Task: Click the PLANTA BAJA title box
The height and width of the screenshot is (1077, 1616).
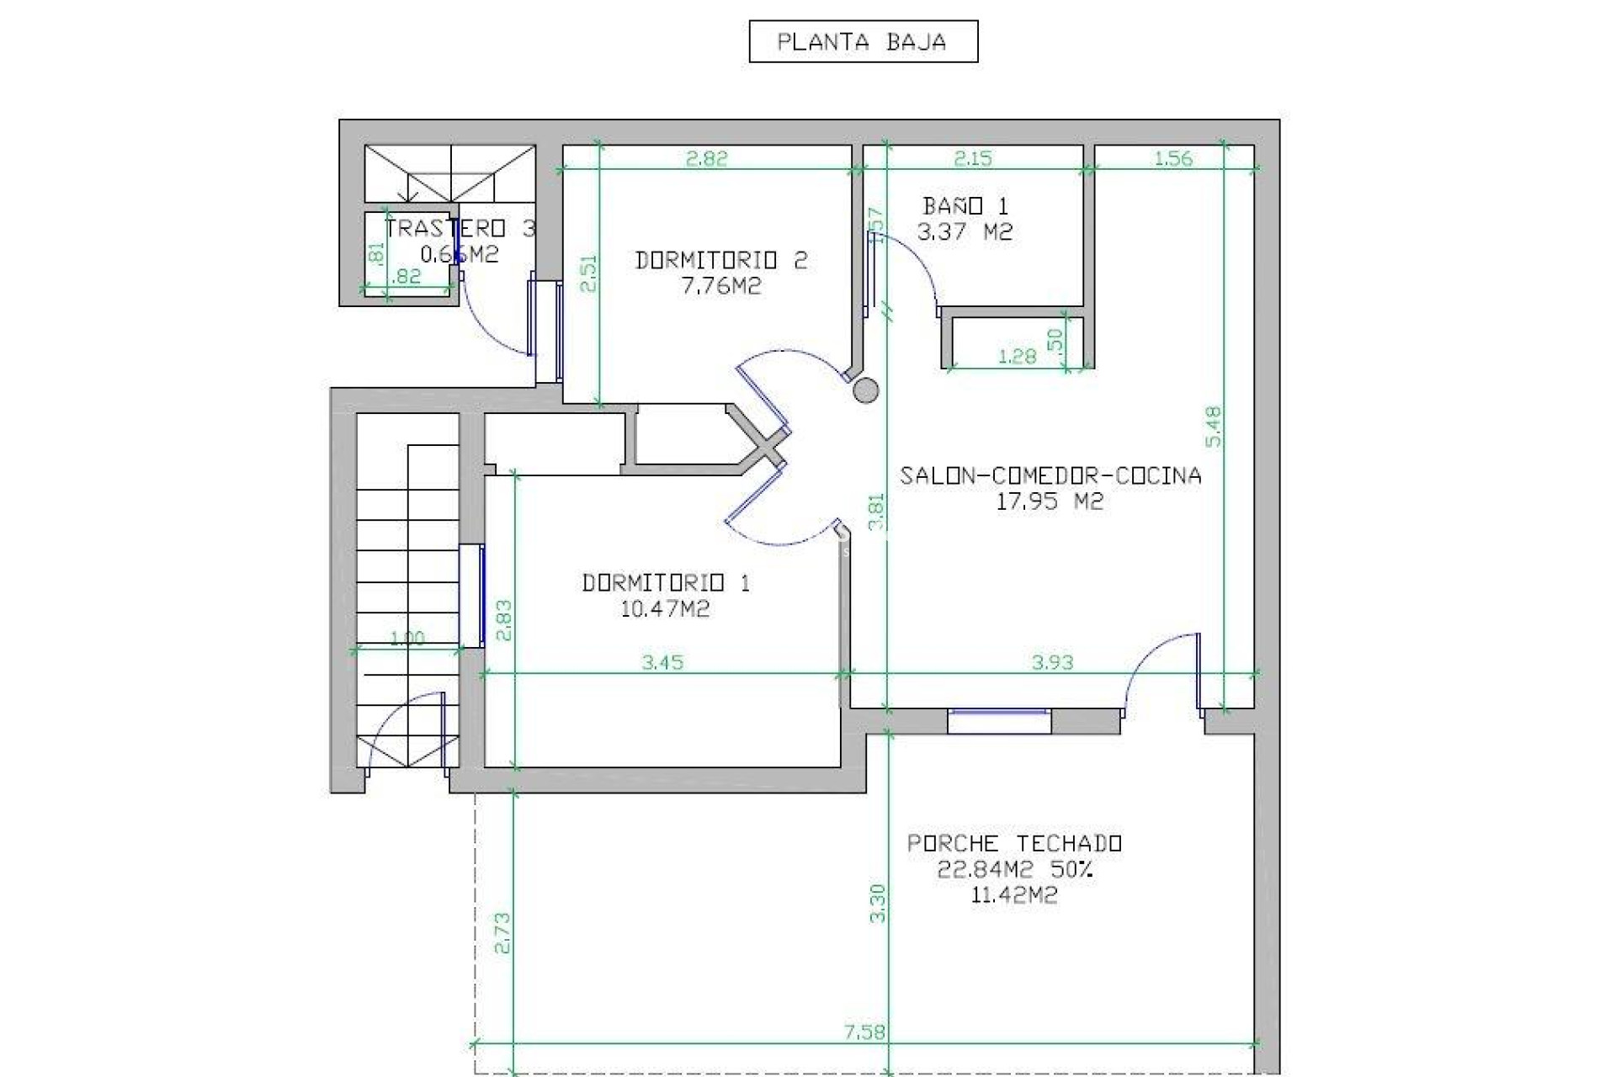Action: click(x=863, y=42)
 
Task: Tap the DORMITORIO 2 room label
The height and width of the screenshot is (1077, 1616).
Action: click(x=721, y=260)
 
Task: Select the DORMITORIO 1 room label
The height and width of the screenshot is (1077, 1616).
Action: click(x=666, y=582)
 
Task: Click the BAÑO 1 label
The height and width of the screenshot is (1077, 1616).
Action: click(x=965, y=206)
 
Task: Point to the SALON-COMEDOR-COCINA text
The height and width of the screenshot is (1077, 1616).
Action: click(x=1050, y=476)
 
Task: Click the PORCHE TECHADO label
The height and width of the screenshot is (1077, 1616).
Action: click(x=1014, y=843)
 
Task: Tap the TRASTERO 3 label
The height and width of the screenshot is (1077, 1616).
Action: click(x=460, y=229)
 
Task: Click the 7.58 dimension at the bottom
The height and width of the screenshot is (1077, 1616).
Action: click(x=864, y=1032)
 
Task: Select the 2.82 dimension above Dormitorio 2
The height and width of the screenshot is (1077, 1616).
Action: click(x=706, y=158)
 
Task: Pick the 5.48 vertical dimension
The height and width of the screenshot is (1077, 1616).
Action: click(x=1213, y=427)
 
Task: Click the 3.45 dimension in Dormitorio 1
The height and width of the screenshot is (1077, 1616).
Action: click(x=662, y=663)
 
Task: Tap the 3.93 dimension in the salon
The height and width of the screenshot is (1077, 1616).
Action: click(x=1052, y=663)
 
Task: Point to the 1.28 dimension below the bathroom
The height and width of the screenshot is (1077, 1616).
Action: click(x=1017, y=357)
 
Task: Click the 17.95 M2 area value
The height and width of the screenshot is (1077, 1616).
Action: click(x=1050, y=502)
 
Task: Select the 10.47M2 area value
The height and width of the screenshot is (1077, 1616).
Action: click(x=665, y=609)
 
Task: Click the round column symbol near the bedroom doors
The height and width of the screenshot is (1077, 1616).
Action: click(x=866, y=390)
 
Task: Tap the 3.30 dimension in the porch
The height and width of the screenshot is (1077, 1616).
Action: click(x=878, y=903)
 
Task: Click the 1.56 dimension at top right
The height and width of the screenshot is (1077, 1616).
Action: click(x=1172, y=158)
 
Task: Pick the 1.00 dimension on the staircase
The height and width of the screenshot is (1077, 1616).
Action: click(x=407, y=639)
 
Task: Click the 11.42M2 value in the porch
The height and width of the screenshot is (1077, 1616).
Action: click(x=1013, y=895)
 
